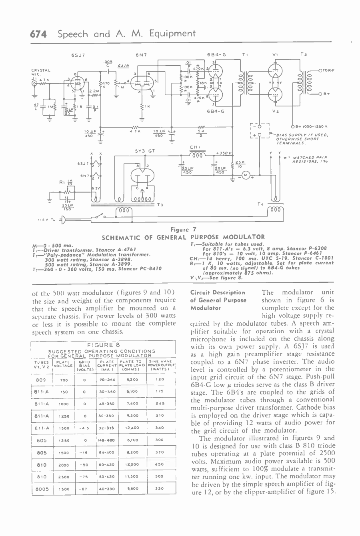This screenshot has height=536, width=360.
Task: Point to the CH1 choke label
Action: point(195,147)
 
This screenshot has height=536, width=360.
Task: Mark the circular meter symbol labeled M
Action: point(246,175)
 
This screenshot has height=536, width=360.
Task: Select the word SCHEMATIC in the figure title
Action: point(121,237)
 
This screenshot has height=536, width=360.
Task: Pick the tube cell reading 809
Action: point(41,379)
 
